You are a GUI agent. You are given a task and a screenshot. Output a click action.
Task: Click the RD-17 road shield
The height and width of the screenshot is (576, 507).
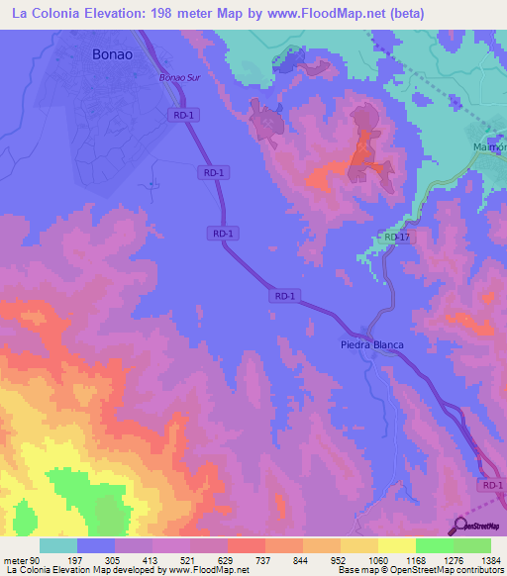coord(397,238)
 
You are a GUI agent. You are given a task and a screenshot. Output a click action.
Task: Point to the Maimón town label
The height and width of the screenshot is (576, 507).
coord(487,146)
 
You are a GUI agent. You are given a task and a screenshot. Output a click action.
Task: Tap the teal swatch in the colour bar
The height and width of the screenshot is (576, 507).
coord(58,546)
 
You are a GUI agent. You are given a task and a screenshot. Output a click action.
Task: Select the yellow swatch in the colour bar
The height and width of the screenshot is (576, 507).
coord(397,546)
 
